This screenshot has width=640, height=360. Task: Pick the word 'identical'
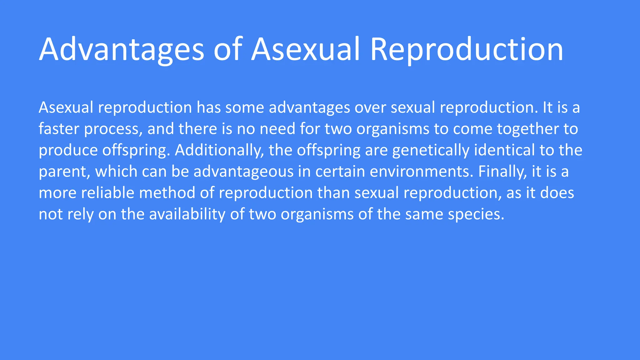tap(504, 150)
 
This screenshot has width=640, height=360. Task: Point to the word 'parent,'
tap(64, 172)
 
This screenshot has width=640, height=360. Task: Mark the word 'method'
tap(167, 193)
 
